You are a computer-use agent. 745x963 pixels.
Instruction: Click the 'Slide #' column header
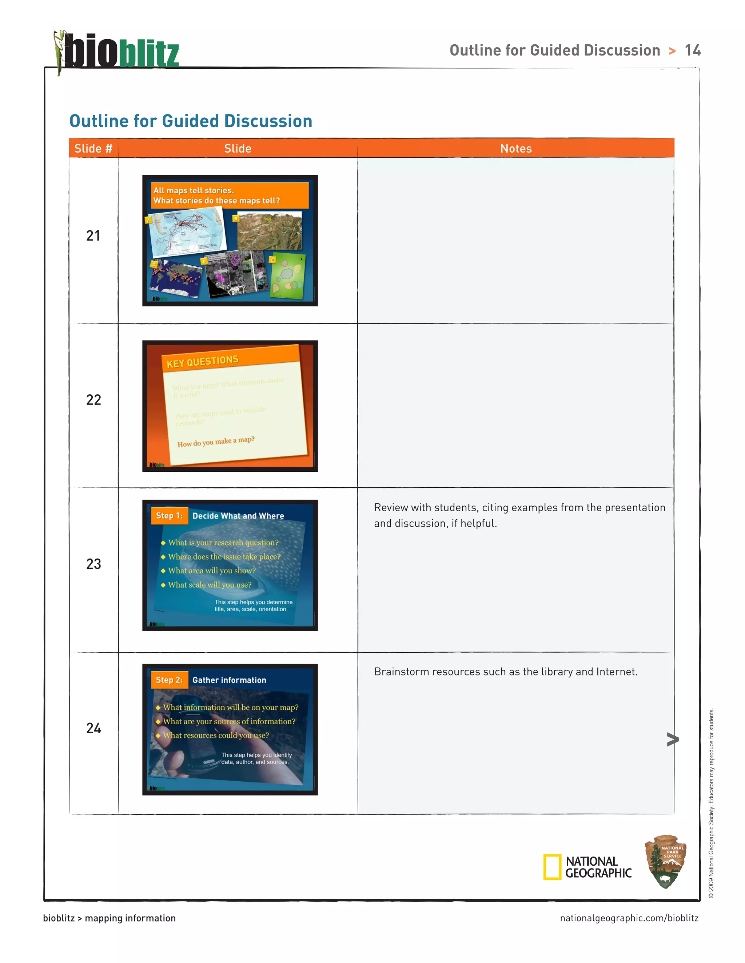coord(93,149)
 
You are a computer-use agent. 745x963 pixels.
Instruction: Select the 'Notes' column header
coord(515,149)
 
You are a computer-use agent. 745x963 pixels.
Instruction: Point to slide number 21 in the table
coord(93,236)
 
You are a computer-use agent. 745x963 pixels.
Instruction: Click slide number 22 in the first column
coord(93,400)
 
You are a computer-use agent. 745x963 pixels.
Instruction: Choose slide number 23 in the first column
coord(93,564)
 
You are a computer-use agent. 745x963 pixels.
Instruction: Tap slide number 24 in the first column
coord(93,728)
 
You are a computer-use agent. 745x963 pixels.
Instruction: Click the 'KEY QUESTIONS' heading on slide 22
coord(203,362)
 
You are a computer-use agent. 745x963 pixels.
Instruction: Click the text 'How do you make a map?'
coord(216,442)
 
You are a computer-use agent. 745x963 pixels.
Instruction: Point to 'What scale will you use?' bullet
coord(210,585)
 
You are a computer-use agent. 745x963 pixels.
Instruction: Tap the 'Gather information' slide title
coord(229,680)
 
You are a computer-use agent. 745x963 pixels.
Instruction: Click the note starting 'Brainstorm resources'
coord(506,672)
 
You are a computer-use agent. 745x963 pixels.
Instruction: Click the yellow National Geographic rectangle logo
coord(552,867)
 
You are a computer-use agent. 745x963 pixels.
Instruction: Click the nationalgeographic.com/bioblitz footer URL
coord(629,918)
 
